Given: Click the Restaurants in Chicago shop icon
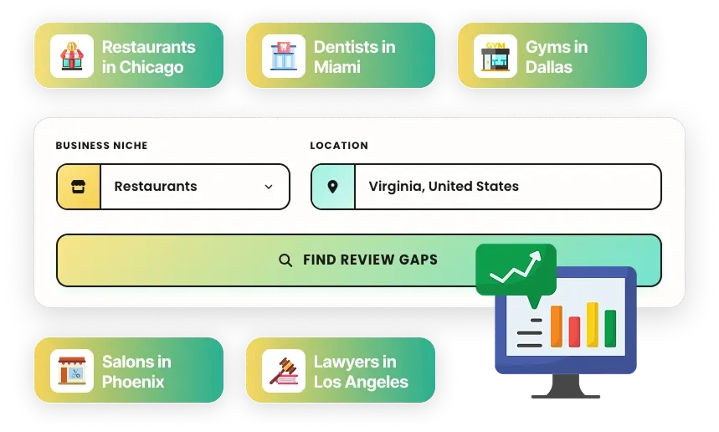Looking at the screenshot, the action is pyautogui.click(x=72, y=56).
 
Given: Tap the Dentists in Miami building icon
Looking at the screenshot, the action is pyautogui.click(x=284, y=56).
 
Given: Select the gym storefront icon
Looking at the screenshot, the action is pyautogui.click(x=496, y=56).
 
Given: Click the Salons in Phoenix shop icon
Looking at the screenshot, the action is pyautogui.click(x=72, y=371).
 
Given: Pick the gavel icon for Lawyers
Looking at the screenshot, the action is pyautogui.click(x=284, y=371).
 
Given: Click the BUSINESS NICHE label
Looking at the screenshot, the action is pyautogui.click(x=102, y=146).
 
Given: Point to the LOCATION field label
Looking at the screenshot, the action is pyautogui.click(x=339, y=146).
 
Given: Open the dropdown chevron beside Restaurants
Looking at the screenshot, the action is pyautogui.click(x=269, y=187).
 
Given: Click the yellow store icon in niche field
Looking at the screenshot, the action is pyautogui.click(x=79, y=187).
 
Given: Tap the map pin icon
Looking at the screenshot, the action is pyautogui.click(x=332, y=187).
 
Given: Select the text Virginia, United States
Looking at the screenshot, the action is pyautogui.click(x=444, y=186).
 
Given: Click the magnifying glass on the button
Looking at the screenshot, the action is pyautogui.click(x=285, y=260).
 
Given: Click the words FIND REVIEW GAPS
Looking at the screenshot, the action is pyautogui.click(x=370, y=260).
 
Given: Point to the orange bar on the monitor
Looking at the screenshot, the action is pyautogui.click(x=557, y=326).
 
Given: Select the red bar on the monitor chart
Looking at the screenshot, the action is pyautogui.click(x=574, y=332).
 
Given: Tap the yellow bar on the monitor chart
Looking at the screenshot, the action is pyautogui.click(x=593, y=324).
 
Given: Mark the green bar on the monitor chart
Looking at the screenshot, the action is pyautogui.click(x=610, y=328).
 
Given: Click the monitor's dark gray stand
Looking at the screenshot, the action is pyautogui.click(x=565, y=387).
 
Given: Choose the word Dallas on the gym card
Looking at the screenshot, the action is pyautogui.click(x=549, y=67).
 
